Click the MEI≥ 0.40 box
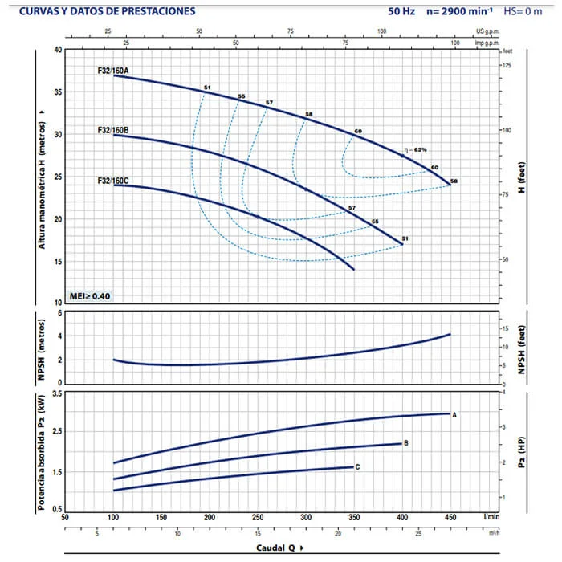(x=90, y=296)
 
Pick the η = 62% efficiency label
(x=416, y=149)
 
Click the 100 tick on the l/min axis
(x=113, y=517)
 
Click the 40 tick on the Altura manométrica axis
(x=57, y=49)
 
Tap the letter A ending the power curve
(x=454, y=414)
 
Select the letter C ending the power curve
(x=357, y=466)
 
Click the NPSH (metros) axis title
(x=40, y=347)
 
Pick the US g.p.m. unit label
(x=487, y=35)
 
